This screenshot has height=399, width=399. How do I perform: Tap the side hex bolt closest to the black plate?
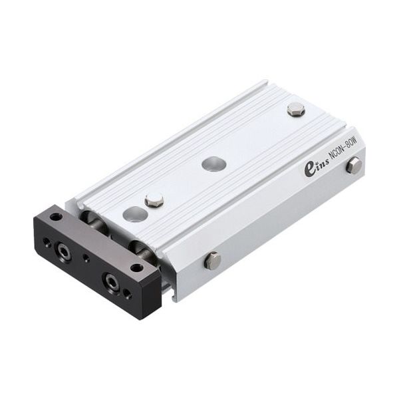coord(212,260)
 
